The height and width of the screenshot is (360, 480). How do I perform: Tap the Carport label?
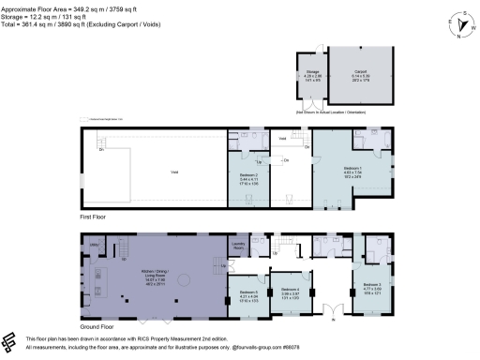point(360,71)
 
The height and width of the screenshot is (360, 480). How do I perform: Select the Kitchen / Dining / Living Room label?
point(152,272)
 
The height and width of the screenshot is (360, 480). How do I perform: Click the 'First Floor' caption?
point(93,215)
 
